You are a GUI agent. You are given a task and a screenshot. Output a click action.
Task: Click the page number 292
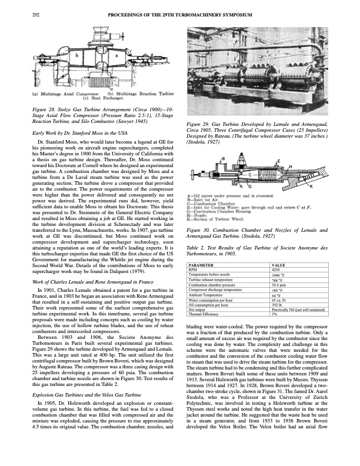pos(35,14)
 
